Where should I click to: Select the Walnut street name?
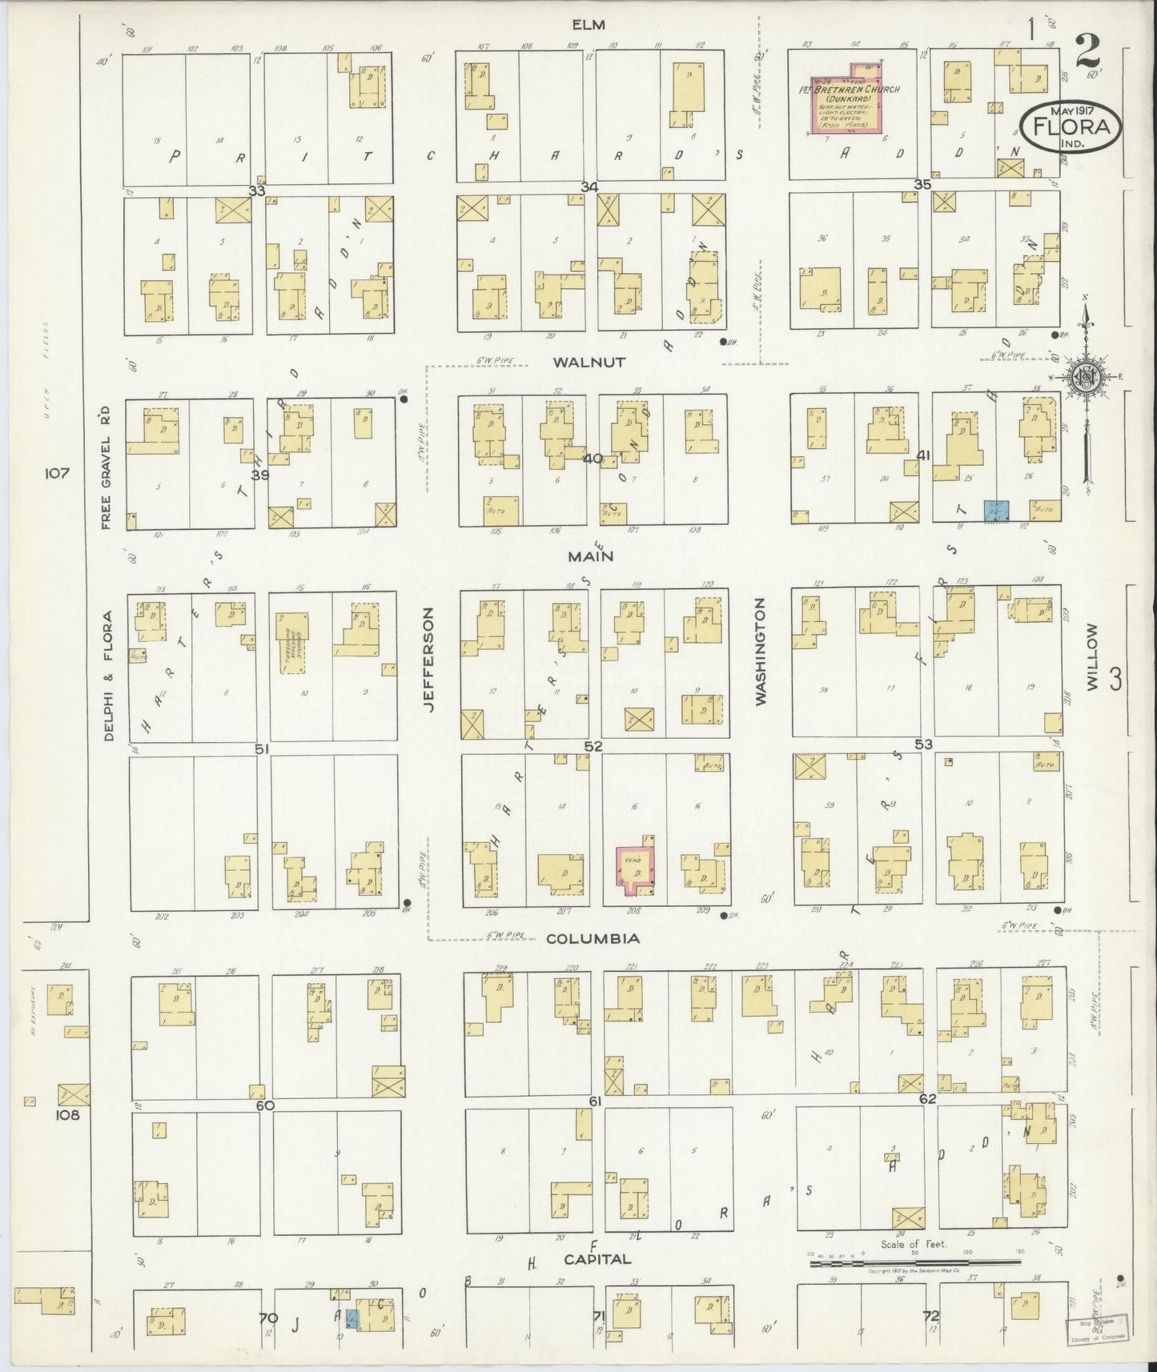pyautogui.click(x=589, y=363)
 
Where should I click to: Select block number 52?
pyautogui.click(x=593, y=746)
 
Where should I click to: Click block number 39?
pyautogui.click(x=259, y=475)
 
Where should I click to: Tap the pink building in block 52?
pyautogui.click(x=634, y=869)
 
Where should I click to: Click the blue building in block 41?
pyautogui.click(x=995, y=511)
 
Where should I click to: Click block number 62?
pyautogui.click(x=926, y=1099)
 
